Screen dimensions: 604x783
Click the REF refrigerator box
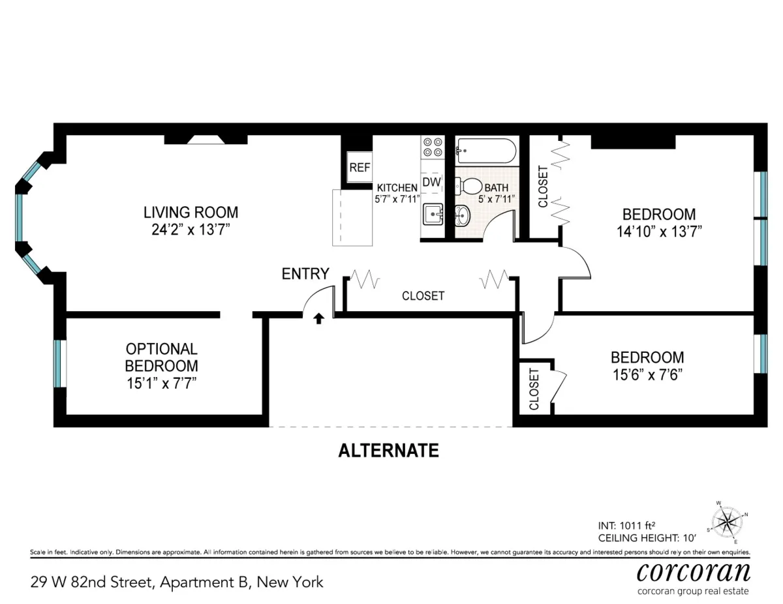(360, 167)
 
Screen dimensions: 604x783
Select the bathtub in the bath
(485, 151)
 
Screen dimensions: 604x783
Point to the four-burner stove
(432, 146)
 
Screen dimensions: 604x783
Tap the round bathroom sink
(461, 213)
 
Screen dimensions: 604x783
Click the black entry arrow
(319, 318)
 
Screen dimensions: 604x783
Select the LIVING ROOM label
(191, 213)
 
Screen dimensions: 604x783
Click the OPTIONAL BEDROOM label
(161, 357)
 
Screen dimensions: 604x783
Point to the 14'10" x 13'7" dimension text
(659, 231)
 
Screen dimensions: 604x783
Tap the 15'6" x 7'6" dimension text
(647, 375)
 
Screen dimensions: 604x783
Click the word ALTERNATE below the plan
(388, 451)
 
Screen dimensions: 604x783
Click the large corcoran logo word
(693, 571)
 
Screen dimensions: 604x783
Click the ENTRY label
(305, 274)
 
